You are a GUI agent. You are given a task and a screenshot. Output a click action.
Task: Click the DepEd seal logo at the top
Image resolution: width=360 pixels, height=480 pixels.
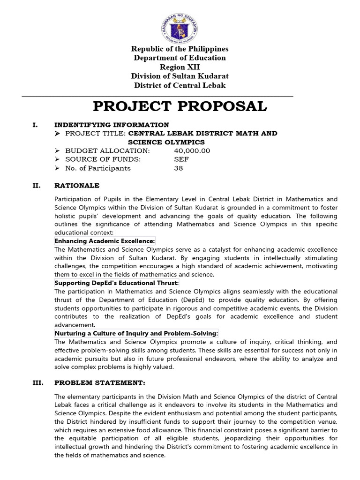180,23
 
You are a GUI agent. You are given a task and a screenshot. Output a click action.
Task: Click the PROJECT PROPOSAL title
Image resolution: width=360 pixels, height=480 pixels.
180,106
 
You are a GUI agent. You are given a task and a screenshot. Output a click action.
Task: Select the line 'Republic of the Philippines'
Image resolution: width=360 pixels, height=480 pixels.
180,49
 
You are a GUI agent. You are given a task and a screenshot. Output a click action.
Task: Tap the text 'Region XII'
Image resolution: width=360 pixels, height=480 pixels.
180,67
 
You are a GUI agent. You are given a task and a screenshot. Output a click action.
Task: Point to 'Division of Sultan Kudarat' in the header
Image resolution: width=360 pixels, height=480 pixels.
180,76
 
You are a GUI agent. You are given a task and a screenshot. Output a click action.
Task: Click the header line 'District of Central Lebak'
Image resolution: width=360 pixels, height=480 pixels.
180,85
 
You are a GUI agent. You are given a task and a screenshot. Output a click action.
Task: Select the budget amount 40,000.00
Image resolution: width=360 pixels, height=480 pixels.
192,150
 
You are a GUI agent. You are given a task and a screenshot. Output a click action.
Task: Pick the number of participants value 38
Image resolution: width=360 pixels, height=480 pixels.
179,168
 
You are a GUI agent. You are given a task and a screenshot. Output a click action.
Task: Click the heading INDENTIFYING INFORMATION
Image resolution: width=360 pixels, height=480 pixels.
112,125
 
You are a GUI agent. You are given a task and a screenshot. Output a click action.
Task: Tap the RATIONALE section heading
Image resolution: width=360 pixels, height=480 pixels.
77,186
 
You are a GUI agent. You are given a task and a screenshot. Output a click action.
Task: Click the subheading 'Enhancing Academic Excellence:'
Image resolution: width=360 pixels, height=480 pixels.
105,241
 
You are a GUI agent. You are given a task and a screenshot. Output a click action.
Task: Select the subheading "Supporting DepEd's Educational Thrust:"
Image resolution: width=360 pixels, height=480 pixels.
117,283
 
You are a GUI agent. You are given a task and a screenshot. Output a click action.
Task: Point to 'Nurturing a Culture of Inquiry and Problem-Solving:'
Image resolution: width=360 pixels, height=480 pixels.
136,333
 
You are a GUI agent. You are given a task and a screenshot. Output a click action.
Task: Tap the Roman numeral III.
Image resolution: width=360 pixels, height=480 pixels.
37,382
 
